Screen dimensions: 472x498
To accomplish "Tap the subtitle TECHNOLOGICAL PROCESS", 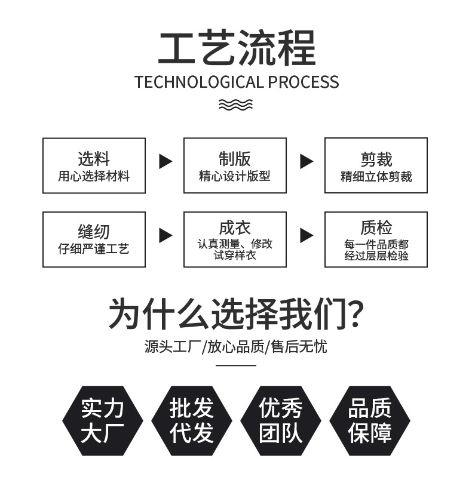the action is click(237, 82).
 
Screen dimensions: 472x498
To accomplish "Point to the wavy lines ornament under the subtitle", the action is click(236, 105).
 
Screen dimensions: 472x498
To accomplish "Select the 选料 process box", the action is click(94, 165).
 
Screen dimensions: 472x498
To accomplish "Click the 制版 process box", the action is click(235, 165).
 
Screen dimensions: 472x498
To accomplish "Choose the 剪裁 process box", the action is click(376, 165).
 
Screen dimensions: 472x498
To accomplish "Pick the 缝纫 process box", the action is click(94, 239).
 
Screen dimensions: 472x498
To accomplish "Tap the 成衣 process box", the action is click(235, 239).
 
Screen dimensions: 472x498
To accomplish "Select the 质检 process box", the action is click(376, 239).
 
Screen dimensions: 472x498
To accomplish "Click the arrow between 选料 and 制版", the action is click(165, 161).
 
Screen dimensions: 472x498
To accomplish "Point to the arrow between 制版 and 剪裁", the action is click(306, 161).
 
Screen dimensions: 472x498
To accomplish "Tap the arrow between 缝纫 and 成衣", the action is click(165, 235).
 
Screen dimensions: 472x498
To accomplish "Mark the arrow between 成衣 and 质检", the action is click(306, 235).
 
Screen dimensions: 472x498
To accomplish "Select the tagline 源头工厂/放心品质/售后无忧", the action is click(236, 346).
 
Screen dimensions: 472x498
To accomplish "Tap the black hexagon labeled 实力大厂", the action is click(102, 420).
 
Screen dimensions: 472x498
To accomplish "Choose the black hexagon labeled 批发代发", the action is click(191, 420).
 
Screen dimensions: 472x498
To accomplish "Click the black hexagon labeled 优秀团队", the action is click(280, 420).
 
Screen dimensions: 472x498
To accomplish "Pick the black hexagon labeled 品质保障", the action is click(369, 420).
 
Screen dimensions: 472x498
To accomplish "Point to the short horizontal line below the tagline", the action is click(236, 364).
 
